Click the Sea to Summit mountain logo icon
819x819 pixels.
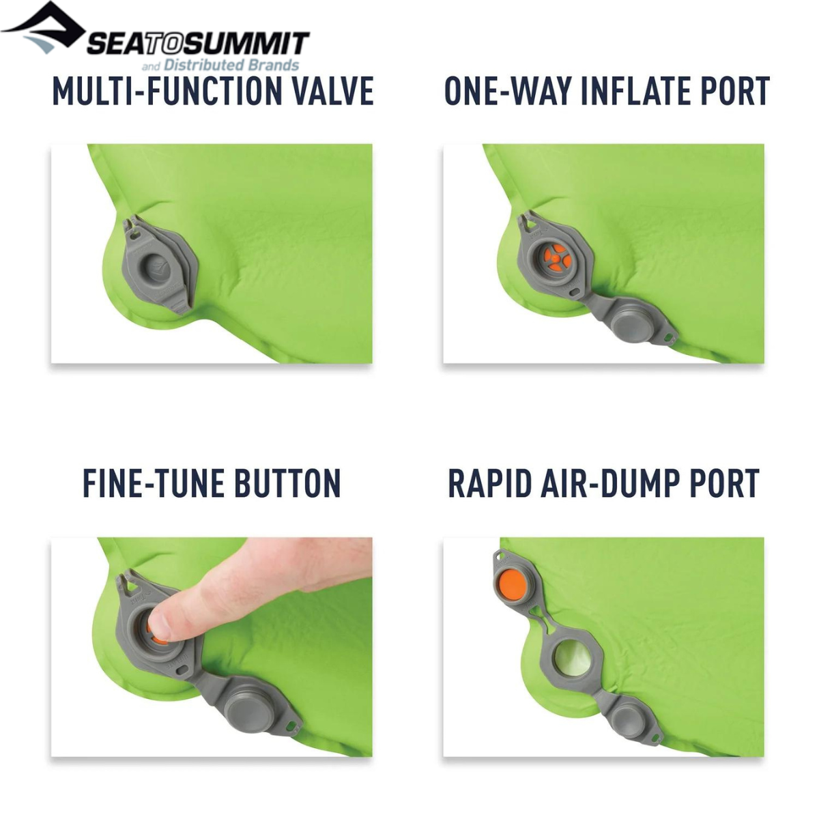[42, 27]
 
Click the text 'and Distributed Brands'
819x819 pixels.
[220, 66]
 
